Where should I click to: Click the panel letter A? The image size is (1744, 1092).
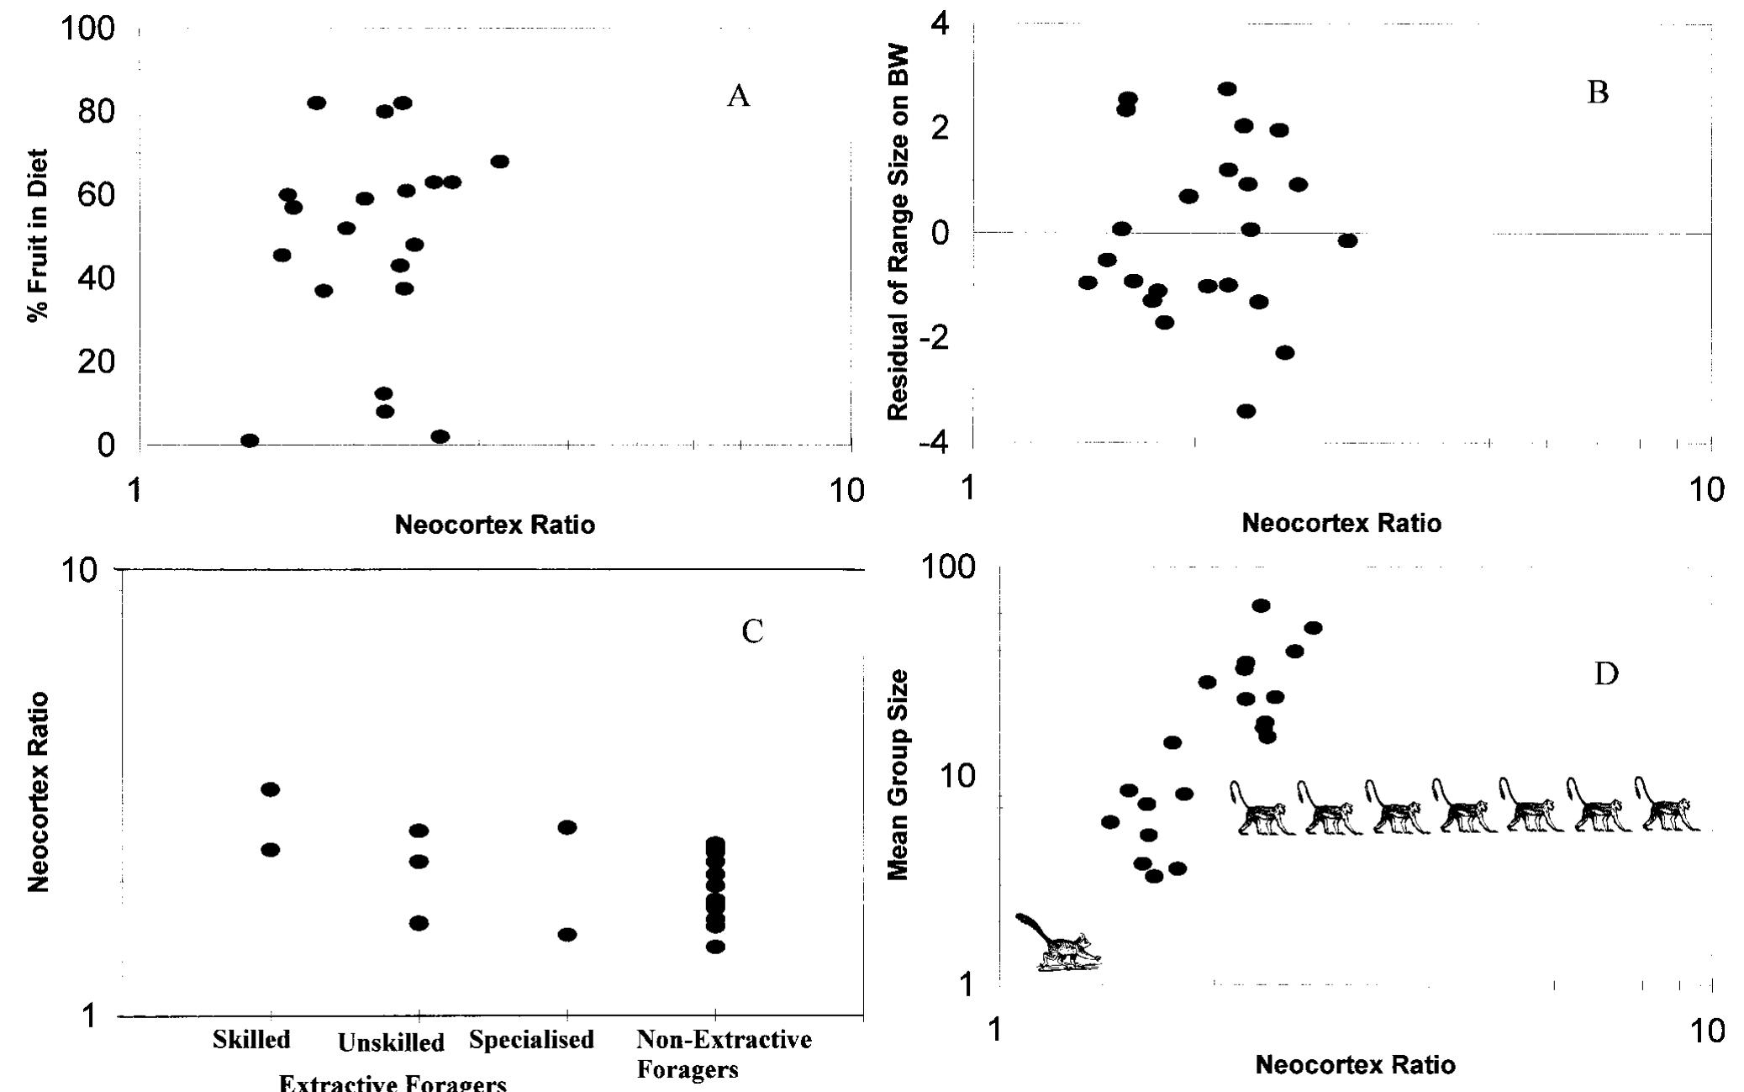[738, 97]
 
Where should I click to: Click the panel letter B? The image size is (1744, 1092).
[1598, 92]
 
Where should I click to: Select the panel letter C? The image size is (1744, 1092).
[752, 630]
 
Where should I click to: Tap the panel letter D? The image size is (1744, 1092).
[1606, 674]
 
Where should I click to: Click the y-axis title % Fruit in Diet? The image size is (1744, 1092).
[37, 235]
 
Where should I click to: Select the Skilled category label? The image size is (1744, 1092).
[251, 1040]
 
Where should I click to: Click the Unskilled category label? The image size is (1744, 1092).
[391, 1043]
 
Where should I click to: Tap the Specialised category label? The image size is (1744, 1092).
[531, 1040]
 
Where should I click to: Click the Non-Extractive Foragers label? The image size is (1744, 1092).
[723, 1054]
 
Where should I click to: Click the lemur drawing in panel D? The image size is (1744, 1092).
[1057, 943]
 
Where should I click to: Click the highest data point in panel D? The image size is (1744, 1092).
[1261, 605]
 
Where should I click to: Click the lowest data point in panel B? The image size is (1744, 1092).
[1246, 411]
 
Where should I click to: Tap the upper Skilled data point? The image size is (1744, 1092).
[270, 789]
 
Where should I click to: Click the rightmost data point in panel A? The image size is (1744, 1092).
[499, 161]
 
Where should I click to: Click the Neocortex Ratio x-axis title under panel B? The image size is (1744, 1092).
[1341, 524]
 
